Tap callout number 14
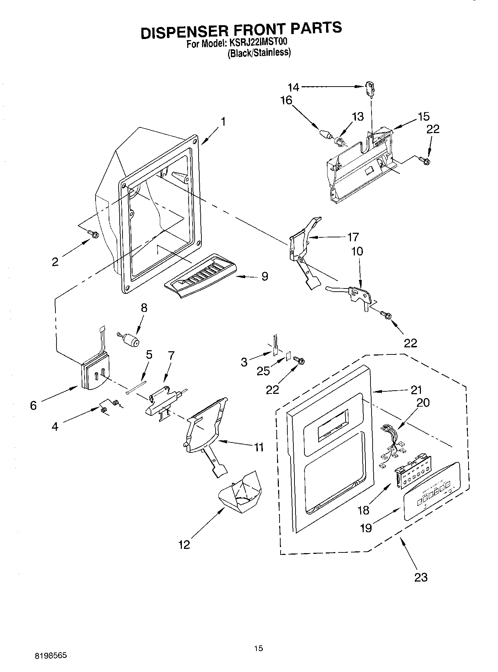click(293, 87)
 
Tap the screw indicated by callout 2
click(93, 234)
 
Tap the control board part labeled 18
click(411, 472)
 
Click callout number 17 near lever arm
click(353, 237)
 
